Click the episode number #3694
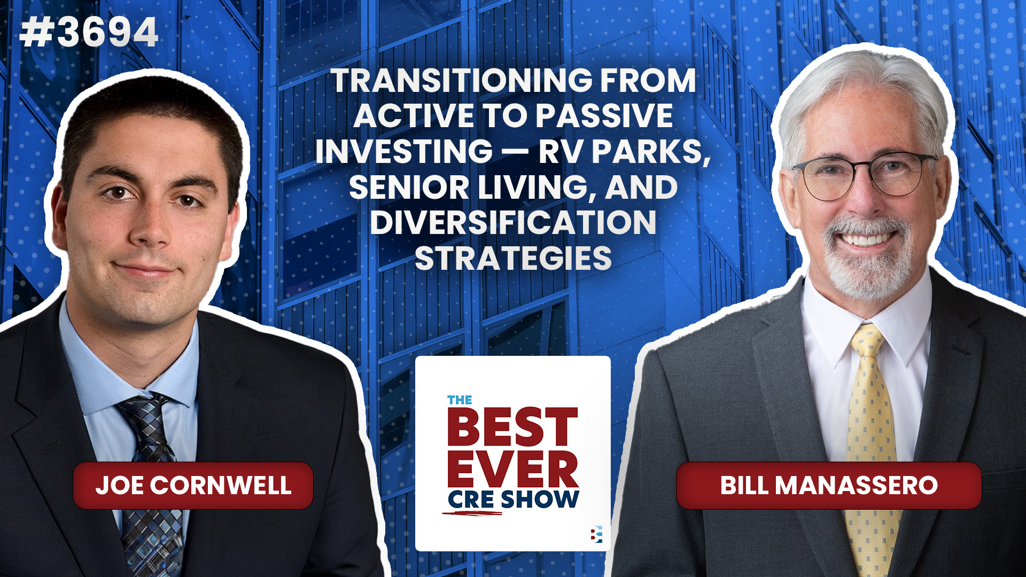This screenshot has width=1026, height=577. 89,33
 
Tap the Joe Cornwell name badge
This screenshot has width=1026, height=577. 193,485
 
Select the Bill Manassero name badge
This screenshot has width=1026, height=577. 828,485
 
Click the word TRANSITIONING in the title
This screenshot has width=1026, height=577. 462,81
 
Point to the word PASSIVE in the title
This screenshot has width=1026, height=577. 604,116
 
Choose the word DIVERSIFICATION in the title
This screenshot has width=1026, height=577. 513,222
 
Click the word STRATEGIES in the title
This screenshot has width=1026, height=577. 513,259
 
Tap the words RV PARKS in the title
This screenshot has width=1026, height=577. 623,152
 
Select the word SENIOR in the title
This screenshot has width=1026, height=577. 409,188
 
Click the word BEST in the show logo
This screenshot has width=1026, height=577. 512,427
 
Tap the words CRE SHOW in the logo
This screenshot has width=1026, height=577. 513,500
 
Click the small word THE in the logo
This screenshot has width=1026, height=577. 459,400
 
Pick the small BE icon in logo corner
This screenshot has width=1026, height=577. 596,534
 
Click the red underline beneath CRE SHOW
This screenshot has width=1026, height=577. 473,514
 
